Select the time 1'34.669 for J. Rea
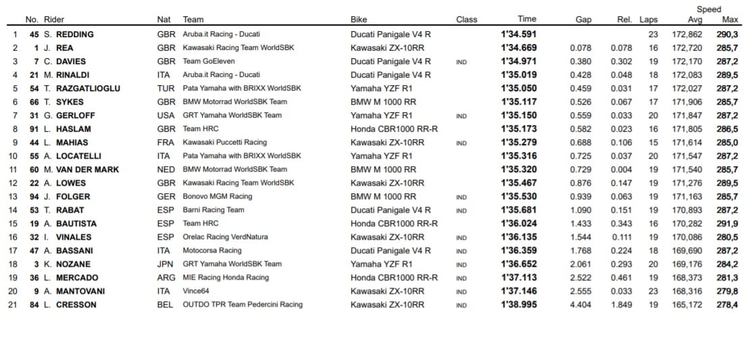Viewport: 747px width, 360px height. point(518,48)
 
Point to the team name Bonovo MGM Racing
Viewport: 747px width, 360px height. point(217,197)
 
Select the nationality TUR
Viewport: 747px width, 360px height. point(165,88)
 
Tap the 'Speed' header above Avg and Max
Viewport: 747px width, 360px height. point(709,9)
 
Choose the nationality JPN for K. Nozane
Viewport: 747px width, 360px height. point(165,264)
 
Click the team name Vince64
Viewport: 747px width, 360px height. point(197,291)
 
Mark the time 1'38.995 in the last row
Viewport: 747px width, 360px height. point(518,305)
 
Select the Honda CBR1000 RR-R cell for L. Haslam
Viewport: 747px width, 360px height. point(394,129)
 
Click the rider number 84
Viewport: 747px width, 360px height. point(32,305)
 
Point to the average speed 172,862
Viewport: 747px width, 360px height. point(687,34)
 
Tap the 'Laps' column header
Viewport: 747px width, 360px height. point(648,20)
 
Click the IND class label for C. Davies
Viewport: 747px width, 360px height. point(461,62)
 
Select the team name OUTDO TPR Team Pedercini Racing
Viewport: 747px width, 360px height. point(242,305)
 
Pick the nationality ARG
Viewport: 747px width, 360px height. point(165,278)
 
